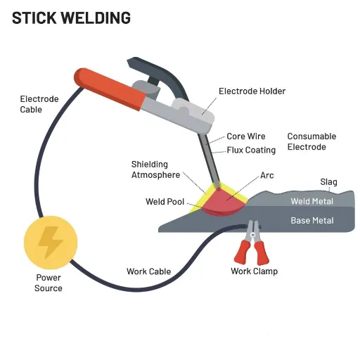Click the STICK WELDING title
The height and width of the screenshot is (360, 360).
(x=71, y=18)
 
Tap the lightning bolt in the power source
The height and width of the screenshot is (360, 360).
(x=51, y=242)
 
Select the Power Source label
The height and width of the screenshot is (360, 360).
(x=49, y=283)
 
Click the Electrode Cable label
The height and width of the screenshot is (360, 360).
(x=39, y=104)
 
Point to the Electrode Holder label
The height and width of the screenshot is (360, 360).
(x=252, y=91)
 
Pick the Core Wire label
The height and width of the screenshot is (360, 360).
(x=246, y=136)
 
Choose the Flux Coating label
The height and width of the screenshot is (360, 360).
(x=251, y=150)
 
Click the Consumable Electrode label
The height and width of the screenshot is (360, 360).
(x=311, y=141)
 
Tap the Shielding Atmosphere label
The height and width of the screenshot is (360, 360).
(x=155, y=169)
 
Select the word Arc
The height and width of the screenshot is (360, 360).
(x=267, y=175)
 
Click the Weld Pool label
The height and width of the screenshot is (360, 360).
(x=165, y=202)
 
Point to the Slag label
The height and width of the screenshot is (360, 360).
(x=328, y=182)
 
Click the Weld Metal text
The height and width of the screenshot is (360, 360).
(x=311, y=201)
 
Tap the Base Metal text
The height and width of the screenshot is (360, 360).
(x=312, y=221)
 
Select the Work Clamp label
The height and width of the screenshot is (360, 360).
(x=254, y=271)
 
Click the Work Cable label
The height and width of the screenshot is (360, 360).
(x=148, y=271)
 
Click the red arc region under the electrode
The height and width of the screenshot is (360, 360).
(x=223, y=202)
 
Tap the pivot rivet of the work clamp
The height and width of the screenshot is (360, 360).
(x=252, y=235)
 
